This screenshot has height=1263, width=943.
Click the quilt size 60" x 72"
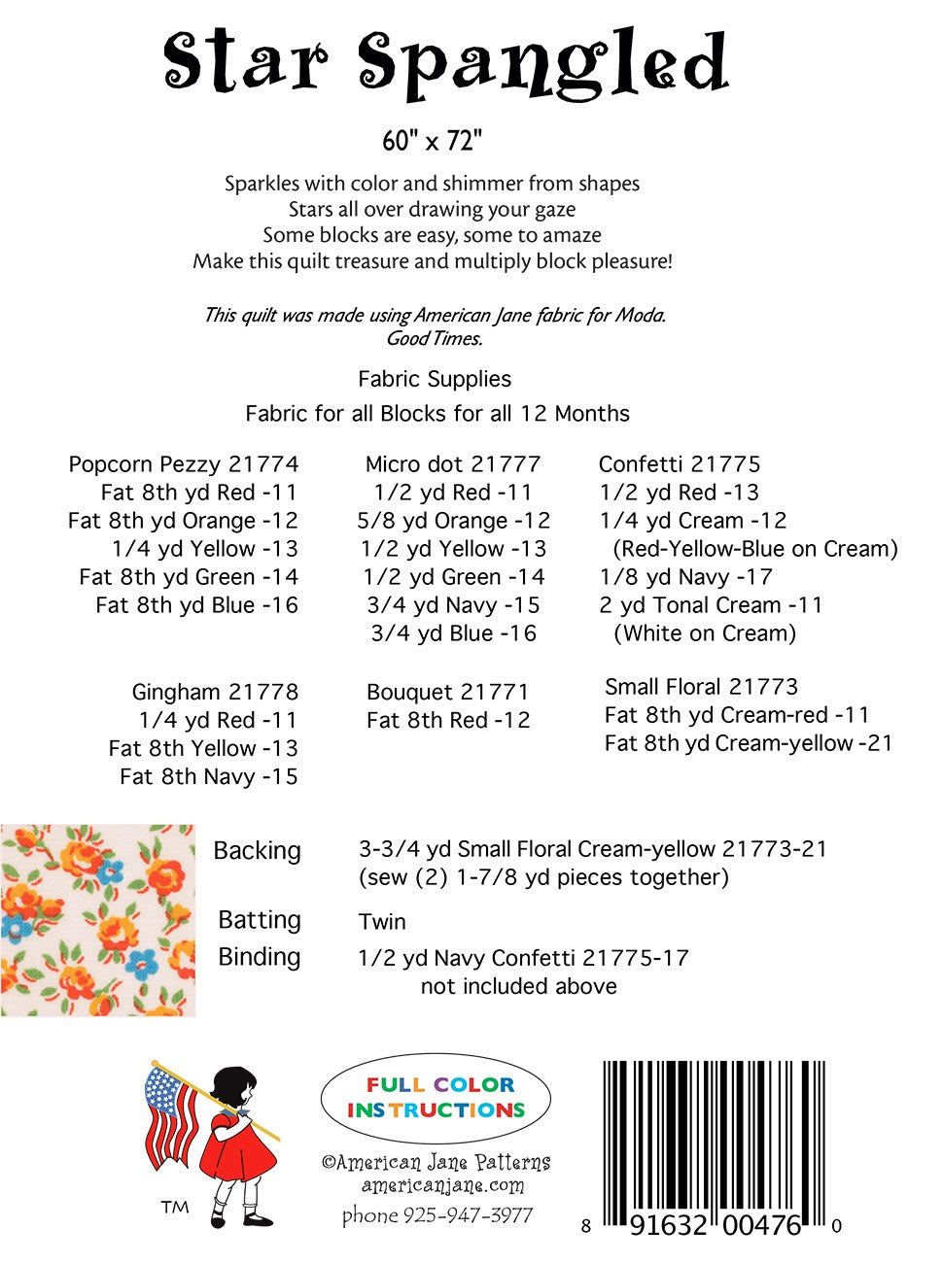tap(432, 141)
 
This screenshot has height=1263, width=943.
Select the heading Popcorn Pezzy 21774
tap(183, 464)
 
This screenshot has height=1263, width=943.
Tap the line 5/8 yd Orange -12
tap(453, 521)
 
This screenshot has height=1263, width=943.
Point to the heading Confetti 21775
tap(679, 464)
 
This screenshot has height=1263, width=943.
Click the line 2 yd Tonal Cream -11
tap(711, 605)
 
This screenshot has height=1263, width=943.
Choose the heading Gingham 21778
tap(215, 693)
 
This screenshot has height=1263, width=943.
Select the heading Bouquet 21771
tap(447, 693)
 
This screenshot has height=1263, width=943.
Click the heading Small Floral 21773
tap(701, 687)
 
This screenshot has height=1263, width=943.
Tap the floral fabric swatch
tap(97, 920)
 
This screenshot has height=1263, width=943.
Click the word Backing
tap(257, 851)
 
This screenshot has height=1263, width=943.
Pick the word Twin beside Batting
tap(382, 922)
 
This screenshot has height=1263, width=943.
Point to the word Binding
tap(259, 957)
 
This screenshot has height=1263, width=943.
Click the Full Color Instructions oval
tap(436, 1098)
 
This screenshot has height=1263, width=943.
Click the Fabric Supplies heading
tap(434, 379)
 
